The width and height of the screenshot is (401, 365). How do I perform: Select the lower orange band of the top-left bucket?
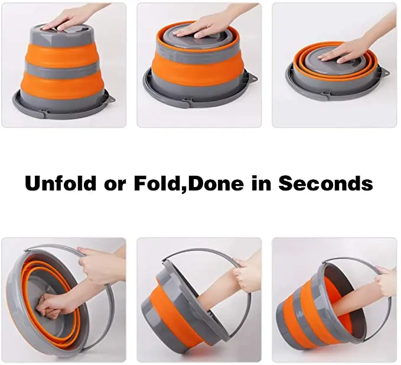click(62, 84)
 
